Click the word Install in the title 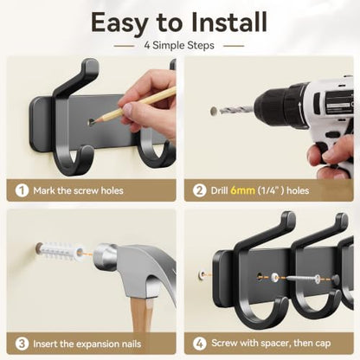tap(229, 22)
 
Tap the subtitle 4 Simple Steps tap(179, 45)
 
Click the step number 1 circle tap(22, 190)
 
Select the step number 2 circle tap(199, 190)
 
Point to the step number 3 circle tap(22, 344)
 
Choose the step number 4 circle tap(200, 344)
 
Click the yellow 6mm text tap(242, 190)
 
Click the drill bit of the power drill tap(236, 110)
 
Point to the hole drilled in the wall tap(214, 111)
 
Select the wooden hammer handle tap(142, 314)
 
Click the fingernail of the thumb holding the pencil tap(128, 108)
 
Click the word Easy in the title tap(120, 23)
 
